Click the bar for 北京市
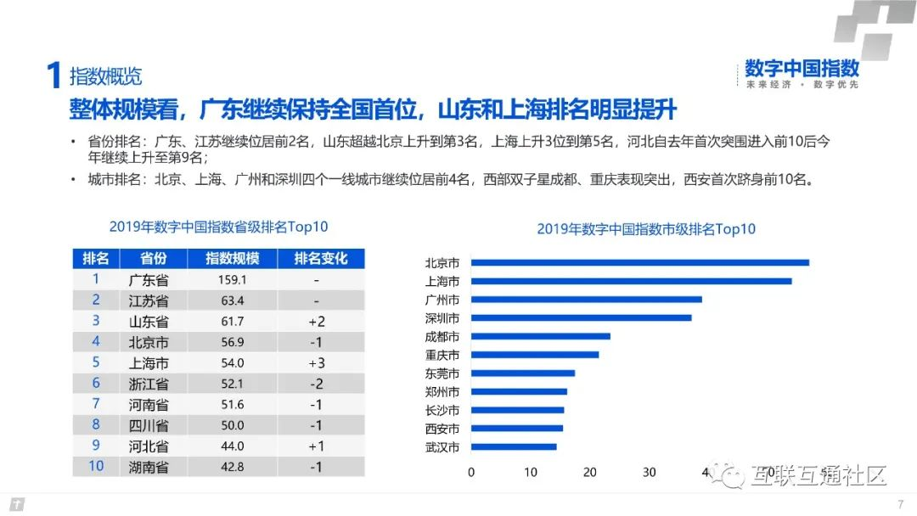(639, 262)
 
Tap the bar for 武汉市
(514, 446)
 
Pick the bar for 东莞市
(522, 373)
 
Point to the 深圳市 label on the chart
(442, 318)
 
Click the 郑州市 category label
(442, 392)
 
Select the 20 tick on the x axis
(590, 472)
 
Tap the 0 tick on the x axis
(471, 472)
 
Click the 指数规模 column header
(232, 258)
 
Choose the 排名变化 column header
(321, 258)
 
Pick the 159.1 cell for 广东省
(232, 279)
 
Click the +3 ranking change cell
(316, 362)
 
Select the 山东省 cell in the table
(149, 321)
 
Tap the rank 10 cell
(96, 466)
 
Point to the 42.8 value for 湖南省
(232, 466)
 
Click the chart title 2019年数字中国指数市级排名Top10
(646, 229)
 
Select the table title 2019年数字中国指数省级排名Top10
(218, 227)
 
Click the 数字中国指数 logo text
(802, 68)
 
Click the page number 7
(899, 505)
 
